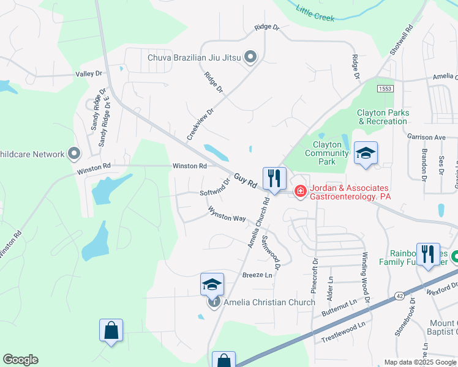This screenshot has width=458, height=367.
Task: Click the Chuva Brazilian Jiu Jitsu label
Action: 195,58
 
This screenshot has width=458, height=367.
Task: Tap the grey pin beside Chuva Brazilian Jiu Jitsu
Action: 250,57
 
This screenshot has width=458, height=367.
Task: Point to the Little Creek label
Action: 315,13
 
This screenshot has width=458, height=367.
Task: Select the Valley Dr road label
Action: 89,74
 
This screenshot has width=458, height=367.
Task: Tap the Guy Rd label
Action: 244,182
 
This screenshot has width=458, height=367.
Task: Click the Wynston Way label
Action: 227,214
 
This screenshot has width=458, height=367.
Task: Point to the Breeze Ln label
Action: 257,275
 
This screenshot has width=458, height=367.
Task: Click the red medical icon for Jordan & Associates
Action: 300,191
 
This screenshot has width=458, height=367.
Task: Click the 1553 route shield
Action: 385,89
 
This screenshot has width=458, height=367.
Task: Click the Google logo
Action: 21,360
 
